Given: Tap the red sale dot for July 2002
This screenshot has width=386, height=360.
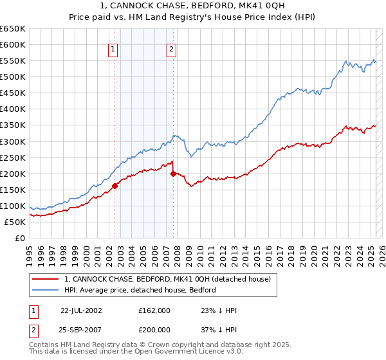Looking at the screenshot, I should click(115, 186).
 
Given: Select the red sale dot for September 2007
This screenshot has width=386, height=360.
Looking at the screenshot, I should click(174, 174).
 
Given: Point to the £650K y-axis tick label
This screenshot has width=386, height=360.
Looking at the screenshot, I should click(13, 29).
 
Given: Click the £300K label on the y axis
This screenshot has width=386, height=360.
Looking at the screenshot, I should click(13, 141).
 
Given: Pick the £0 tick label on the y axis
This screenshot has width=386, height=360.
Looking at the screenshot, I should click(21, 238).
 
